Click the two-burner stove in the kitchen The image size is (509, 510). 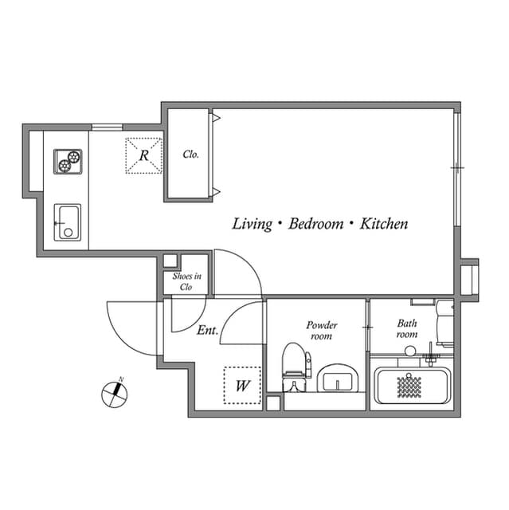coord(68,161)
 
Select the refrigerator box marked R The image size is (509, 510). coord(143,155)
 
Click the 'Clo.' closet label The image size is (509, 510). coord(190,155)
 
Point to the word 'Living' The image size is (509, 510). coord(252,224)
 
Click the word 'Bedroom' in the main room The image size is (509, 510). coord(315,224)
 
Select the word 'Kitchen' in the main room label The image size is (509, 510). coord(384,224)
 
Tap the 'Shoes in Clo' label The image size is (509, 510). coord(186,281)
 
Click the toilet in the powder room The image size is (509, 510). coord(296,367)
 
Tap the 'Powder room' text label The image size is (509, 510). coord(322,331)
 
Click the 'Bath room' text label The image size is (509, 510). coord(407,328)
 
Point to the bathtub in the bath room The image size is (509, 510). coord(411,386)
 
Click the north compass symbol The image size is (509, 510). coord(116,392)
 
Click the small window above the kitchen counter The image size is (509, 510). coord(107,127)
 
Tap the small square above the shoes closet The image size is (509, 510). coord(169,261)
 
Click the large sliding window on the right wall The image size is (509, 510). coord(456,167)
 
